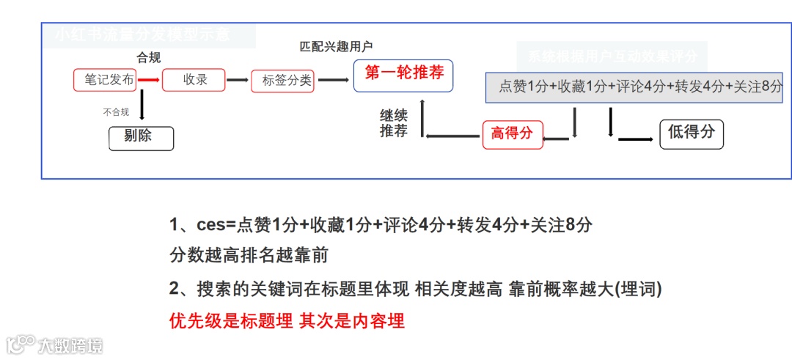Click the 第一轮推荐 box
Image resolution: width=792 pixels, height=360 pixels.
(403, 76)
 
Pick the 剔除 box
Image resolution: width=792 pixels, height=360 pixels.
(141, 138)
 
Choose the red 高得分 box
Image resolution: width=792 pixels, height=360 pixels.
(513, 134)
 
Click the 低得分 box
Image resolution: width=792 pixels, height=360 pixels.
(691, 133)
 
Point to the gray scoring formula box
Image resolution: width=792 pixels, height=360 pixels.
(635, 87)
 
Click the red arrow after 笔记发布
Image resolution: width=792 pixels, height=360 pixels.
(149, 80)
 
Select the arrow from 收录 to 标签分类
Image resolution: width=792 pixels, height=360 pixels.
(237, 80)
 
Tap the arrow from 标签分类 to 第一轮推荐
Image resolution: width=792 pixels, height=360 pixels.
(333, 80)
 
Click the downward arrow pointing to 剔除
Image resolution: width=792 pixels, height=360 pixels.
(141, 106)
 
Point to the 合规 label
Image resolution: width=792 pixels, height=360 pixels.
(149, 58)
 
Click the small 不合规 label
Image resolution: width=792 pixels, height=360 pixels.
(116, 112)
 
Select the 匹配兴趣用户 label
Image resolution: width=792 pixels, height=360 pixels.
(336, 47)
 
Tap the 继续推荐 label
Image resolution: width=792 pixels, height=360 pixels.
(394, 123)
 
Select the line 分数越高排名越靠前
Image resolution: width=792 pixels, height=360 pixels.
(249, 256)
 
